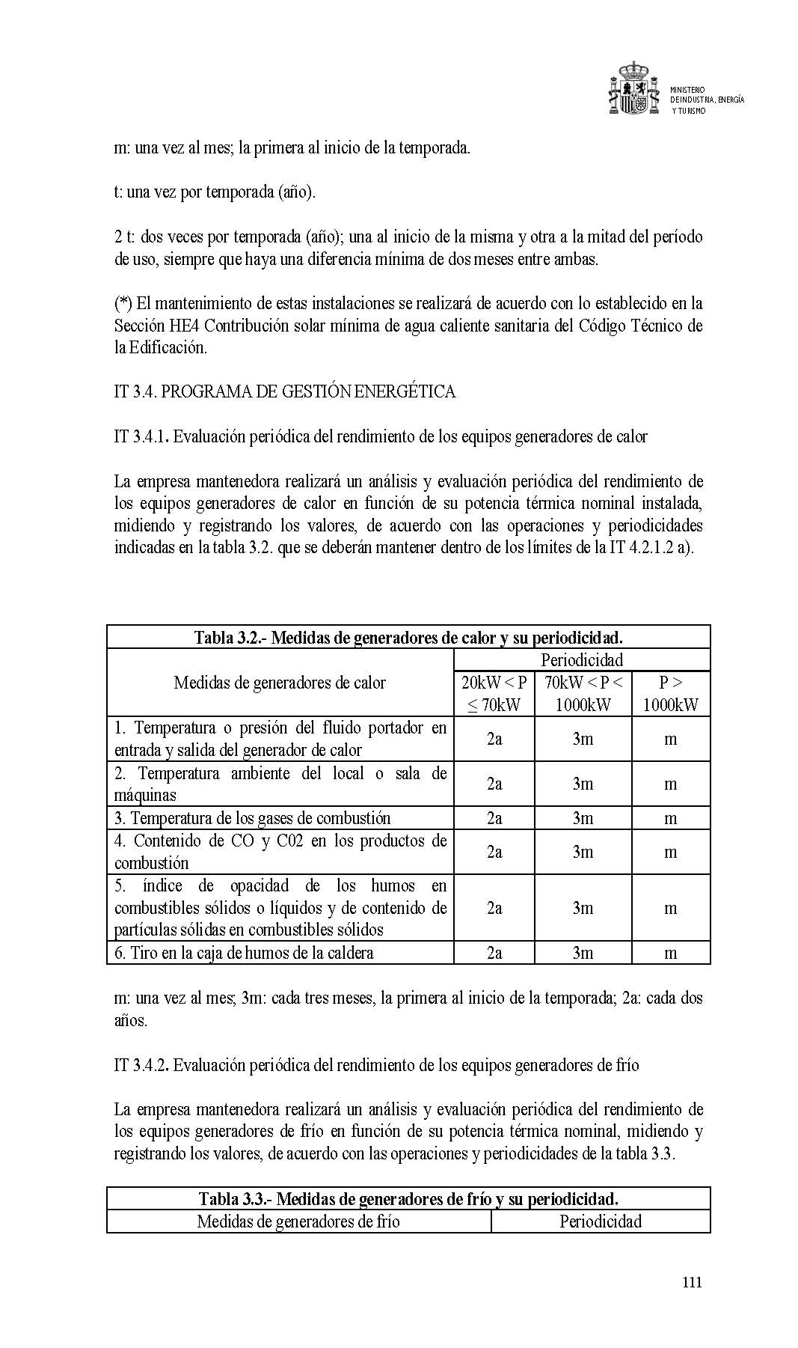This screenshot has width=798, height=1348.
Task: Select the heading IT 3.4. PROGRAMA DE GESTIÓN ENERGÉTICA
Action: pos(284,391)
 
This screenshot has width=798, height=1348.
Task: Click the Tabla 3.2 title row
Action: pos(408,638)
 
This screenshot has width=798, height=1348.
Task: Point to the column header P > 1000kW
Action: pos(671,694)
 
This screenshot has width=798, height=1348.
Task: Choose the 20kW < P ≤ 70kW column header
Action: pos(494,694)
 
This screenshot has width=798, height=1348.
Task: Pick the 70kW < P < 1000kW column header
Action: pos(583,694)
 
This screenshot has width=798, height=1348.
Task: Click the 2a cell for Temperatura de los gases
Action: pos(494,818)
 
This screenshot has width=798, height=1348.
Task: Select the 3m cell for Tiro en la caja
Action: pos(583,953)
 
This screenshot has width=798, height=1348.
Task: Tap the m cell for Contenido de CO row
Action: pos(671,852)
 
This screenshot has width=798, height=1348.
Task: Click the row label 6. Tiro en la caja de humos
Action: pos(244,953)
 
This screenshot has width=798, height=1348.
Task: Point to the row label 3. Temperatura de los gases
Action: pos(252,818)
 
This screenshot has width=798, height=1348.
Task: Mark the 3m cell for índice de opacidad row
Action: pos(583,908)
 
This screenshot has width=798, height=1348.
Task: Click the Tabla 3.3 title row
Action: pos(408,1199)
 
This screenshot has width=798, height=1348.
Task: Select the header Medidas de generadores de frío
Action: pos(298,1222)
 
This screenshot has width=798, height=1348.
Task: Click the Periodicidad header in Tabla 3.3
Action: pos(601,1222)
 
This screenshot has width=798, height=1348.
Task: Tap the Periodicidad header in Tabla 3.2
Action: pos(582,660)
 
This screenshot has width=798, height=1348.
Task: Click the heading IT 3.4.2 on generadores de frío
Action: pos(376,1065)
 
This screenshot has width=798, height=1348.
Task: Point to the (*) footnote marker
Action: pos(123,303)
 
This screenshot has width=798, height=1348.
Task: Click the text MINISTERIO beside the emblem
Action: pos(687,90)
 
